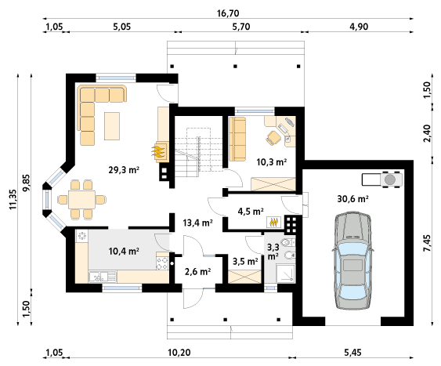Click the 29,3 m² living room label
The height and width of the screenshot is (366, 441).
coord(124,170)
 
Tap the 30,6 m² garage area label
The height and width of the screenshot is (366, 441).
coord(353,199)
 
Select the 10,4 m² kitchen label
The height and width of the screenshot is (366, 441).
coord(124,251)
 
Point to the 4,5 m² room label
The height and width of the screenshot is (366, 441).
coord(251,212)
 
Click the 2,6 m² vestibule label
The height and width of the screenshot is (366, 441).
coord(197,271)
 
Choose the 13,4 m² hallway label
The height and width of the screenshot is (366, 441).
coord(197,223)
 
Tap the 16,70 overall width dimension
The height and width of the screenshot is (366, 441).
coord(228,13)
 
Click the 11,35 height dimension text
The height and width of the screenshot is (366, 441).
coord(13,199)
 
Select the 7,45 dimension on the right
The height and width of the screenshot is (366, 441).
coord(427,243)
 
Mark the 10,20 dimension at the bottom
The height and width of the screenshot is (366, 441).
coord(179,353)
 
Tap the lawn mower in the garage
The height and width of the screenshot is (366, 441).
coord(382,179)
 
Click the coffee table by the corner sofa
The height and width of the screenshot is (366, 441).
coord(112,126)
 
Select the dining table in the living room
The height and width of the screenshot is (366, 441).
coord(81,200)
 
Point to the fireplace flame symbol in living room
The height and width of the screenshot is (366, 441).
coord(158,152)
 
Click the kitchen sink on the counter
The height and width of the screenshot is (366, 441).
coord(103,277)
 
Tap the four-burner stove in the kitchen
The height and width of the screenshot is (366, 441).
coord(163,263)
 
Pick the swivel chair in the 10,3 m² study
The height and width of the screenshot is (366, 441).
coord(273,138)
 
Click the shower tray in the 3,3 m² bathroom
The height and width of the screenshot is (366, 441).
coord(286,274)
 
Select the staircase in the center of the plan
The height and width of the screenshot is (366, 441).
coord(193,152)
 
